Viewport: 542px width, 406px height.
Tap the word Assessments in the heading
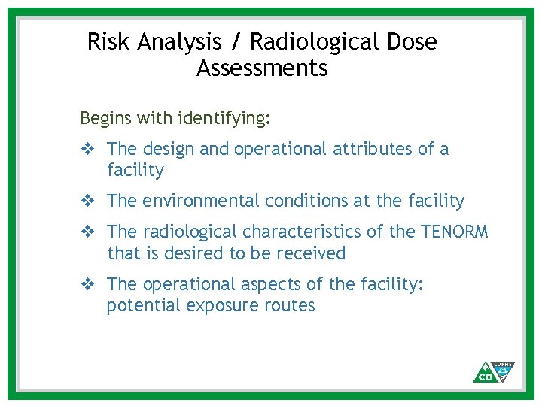click(x=262, y=68)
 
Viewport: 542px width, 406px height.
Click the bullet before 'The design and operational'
click(x=87, y=150)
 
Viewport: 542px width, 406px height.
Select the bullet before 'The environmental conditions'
click(x=87, y=201)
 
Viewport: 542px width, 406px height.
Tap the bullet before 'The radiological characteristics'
click(x=87, y=232)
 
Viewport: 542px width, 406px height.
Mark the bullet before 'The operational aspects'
click(x=87, y=284)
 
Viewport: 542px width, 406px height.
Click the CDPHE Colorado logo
click(x=494, y=371)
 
